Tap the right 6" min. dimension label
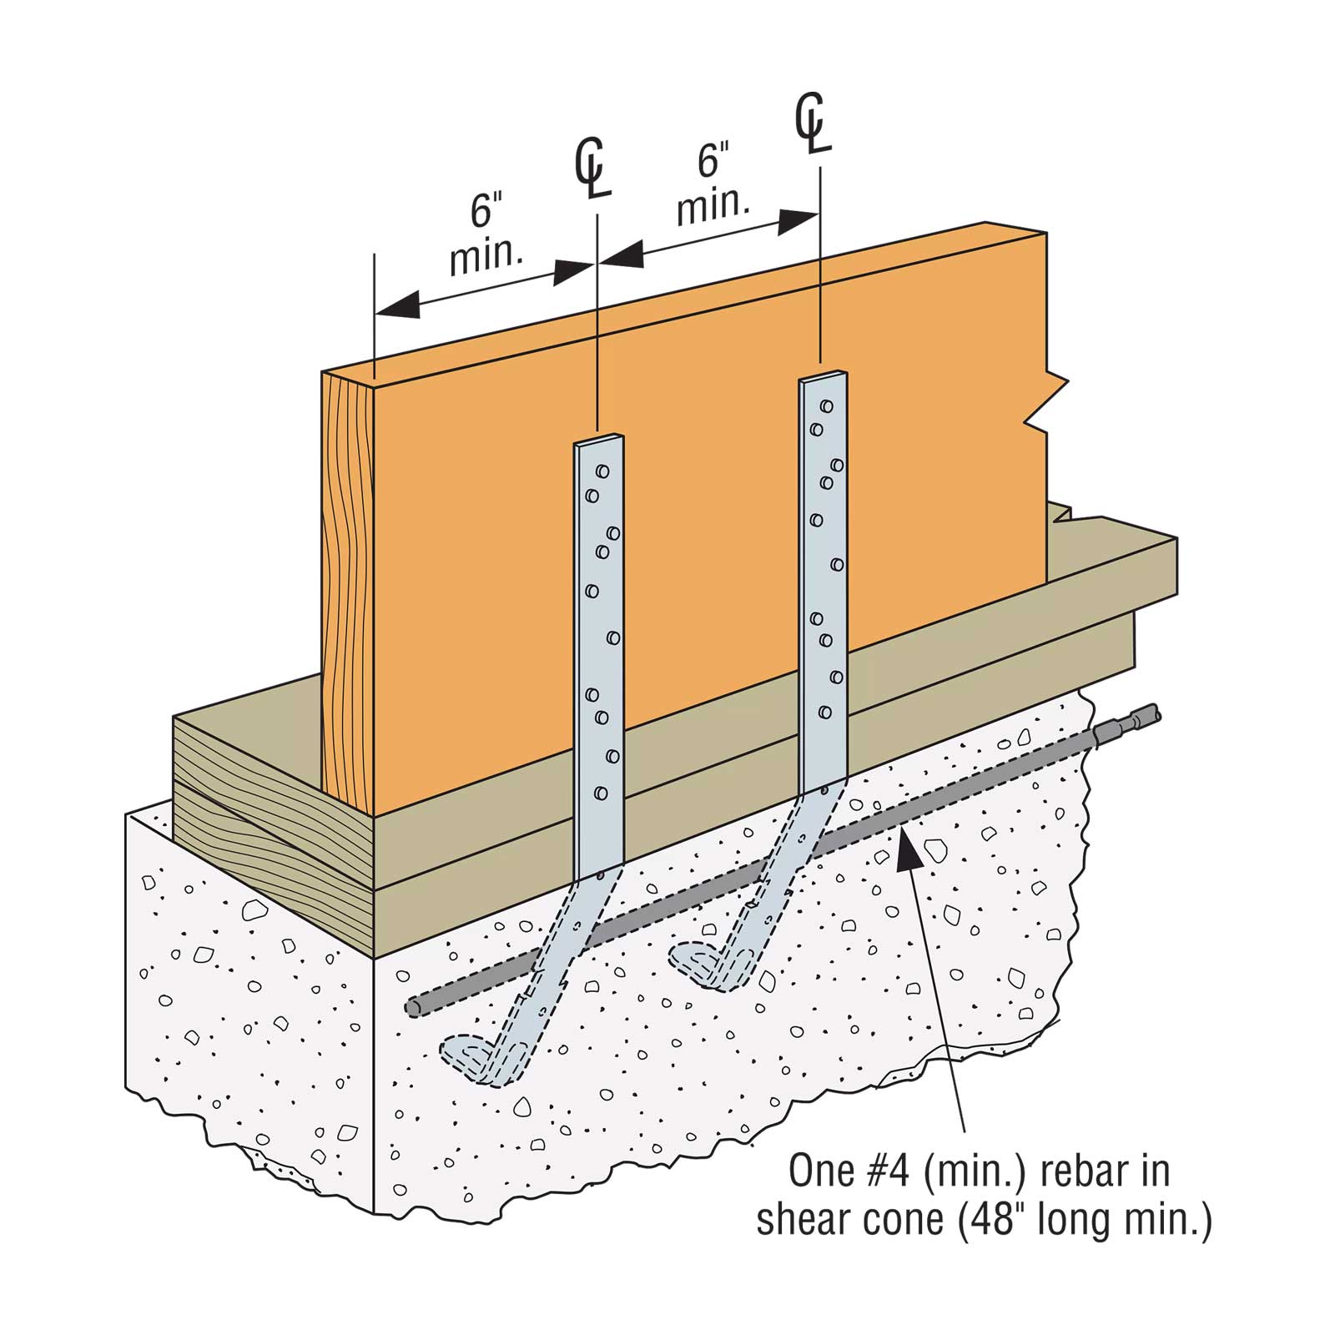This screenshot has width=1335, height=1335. [x=711, y=184]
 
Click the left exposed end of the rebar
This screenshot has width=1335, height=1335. [x=413, y=1007]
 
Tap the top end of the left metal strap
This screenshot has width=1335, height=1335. [x=598, y=442]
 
